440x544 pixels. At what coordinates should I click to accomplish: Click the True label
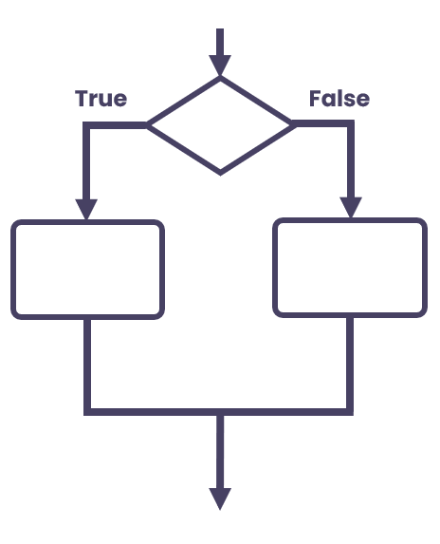tap(101, 98)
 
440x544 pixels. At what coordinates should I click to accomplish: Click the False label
tap(339, 98)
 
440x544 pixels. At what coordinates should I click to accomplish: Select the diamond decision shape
tap(220, 125)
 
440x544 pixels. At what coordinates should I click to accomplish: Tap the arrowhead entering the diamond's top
tap(220, 66)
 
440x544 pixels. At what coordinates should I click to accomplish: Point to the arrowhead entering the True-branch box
tap(86, 210)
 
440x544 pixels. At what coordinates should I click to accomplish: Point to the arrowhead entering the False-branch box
tap(351, 208)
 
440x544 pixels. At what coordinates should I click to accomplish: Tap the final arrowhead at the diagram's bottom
tap(220, 498)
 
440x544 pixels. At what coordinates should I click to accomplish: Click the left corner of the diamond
tap(147, 125)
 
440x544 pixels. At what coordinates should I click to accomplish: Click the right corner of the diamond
tap(295, 124)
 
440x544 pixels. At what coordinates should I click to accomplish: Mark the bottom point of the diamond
tap(220, 175)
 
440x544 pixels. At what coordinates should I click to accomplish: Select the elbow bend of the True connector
tap(86, 125)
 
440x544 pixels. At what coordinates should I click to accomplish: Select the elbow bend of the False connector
tap(351, 123)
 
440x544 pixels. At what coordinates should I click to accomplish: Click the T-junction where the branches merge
tap(220, 412)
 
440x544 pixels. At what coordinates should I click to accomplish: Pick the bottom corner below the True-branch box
tap(87, 412)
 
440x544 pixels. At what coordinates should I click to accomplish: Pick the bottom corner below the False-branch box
tap(350, 412)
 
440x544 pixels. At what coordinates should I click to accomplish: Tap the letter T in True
tap(82, 98)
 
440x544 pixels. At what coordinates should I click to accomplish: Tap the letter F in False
tap(315, 98)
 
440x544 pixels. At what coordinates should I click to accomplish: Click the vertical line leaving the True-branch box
tap(87, 364)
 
